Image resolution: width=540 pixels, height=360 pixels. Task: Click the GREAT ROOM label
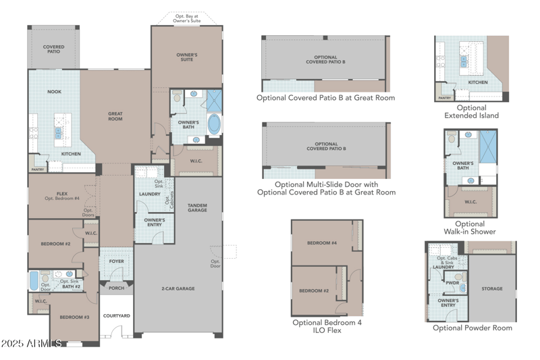tap(115, 116)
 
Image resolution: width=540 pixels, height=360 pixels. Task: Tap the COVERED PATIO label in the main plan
tap(54, 49)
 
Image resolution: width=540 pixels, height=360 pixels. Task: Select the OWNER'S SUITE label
tap(187, 57)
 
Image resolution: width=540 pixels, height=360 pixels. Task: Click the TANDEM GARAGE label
tap(197, 207)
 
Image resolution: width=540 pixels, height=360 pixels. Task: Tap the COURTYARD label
tap(116, 315)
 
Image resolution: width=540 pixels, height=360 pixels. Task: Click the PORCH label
tap(116, 288)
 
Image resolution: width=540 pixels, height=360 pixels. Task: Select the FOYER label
tap(116, 261)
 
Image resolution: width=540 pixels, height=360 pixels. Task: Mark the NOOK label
tap(54, 91)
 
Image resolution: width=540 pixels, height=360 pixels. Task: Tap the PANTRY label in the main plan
tap(36, 160)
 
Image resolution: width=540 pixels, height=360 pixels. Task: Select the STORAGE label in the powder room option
tap(492, 288)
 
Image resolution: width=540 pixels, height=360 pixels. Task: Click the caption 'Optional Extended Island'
tap(471, 111)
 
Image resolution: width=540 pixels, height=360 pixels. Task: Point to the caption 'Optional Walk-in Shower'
tap(470, 228)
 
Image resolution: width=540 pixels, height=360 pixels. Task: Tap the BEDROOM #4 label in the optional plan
tap(321, 242)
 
